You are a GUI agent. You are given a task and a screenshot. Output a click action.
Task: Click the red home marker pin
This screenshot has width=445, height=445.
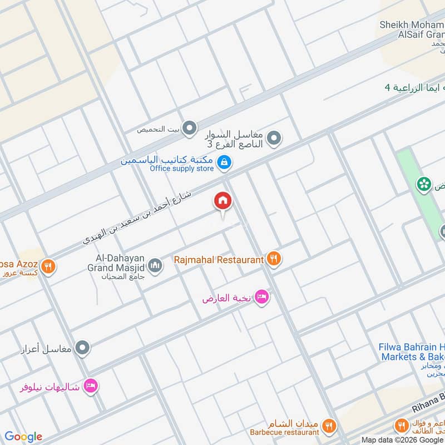222,202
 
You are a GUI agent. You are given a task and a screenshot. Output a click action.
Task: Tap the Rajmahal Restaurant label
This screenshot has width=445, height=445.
218,260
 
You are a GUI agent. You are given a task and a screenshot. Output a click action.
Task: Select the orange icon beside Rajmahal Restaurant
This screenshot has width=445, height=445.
273,258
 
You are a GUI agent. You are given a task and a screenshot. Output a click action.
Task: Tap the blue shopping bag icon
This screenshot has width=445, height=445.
224,162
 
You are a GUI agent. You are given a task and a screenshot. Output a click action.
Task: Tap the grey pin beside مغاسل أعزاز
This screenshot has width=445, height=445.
82,348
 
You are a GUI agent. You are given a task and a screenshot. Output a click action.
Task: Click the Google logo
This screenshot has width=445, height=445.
23,437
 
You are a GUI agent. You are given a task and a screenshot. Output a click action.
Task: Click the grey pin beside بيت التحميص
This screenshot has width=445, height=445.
190,130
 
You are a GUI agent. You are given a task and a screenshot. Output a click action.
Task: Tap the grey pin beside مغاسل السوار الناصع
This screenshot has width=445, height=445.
273,137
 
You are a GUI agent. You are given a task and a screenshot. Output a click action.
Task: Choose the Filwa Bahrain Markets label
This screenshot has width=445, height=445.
412,351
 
